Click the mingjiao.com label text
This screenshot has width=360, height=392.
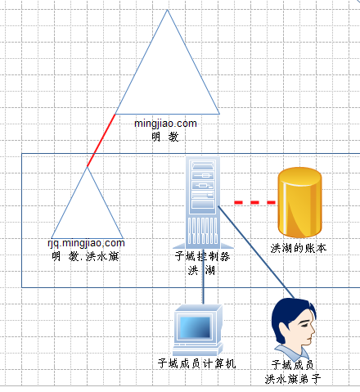pyautogui.click(x=165, y=124)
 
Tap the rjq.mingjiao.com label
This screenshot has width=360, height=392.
pyautogui.click(x=86, y=243)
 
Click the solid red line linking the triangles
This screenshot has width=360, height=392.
pyautogui.click(x=101, y=140)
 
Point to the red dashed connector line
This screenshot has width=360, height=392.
pyautogui.click(x=254, y=202)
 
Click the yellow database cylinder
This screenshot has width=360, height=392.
pyautogui.click(x=299, y=202)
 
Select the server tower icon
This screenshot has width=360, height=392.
pyautogui.click(x=203, y=203)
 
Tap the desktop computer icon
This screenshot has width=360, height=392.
pyautogui.click(x=198, y=330)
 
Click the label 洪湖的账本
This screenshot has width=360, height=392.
pyautogui.click(x=299, y=249)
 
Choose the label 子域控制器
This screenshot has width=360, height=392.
pyautogui.click(x=202, y=256)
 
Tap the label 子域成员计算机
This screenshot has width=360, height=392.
pyautogui.click(x=196, y=363)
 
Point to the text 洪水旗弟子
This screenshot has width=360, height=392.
pyautogui.click(x=293, y=379)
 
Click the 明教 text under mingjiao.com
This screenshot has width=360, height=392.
pyautogui.click(x=165, y=137)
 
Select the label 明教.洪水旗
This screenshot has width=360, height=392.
pyautogui.click(x=85, y=256)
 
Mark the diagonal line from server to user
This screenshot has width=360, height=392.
pyautogui.click(x=256, y=252)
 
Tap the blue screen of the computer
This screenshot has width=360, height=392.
pyautogui.click(x=196, y=327)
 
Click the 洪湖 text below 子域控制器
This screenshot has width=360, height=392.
pyautogui.click(x=201, y=270)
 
